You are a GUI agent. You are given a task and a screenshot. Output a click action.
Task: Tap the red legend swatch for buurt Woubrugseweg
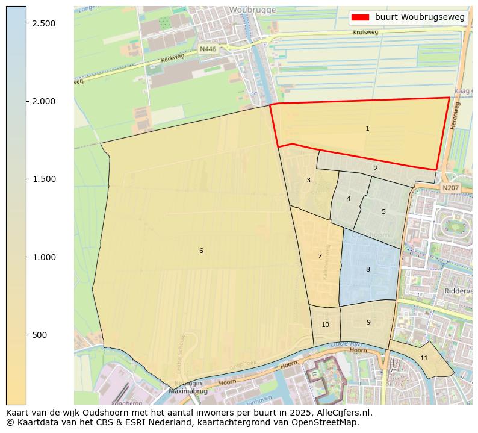360,17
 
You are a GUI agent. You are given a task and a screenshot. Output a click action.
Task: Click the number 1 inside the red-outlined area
367,128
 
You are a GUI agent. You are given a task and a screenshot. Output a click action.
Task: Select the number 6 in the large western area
201,251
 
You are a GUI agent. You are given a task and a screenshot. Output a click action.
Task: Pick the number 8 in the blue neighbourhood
368,269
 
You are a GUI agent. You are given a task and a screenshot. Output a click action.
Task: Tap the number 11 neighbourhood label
424,358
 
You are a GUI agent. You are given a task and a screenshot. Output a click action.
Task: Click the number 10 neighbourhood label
325,325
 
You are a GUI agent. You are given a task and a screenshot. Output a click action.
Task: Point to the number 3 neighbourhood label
308,180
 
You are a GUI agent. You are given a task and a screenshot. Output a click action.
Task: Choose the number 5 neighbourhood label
383,211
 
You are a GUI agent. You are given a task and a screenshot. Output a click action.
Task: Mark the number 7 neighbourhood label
320,256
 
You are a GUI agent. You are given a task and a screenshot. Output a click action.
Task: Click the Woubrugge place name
252,10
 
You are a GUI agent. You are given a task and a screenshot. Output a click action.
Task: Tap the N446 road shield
208,49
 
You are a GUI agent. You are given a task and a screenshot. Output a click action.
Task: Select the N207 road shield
450,188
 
